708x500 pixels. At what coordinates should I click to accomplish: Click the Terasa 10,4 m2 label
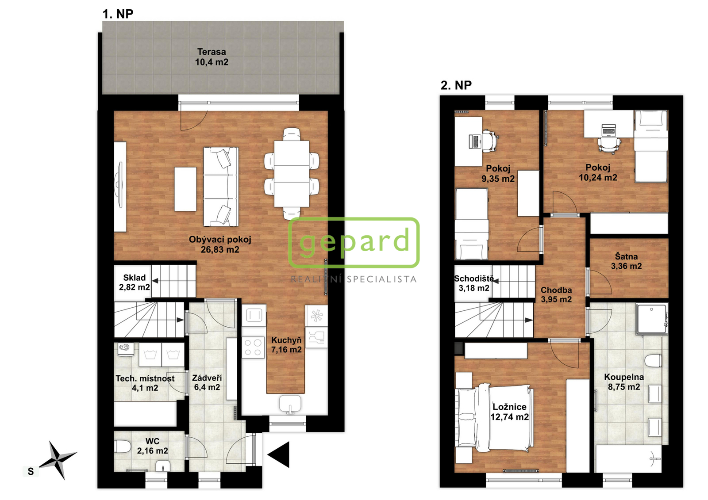click(212, 57)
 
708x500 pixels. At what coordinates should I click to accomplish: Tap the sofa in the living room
click(221, 187)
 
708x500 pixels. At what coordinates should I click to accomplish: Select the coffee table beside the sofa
click(185, 189)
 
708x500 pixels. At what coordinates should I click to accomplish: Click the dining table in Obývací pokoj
click(292, 174)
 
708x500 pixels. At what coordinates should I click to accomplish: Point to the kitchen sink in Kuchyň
click(290, 404)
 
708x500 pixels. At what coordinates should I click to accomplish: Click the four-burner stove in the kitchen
click(253, 347)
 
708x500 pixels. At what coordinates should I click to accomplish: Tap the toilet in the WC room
click(123, 447)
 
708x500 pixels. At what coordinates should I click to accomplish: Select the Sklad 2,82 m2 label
click(135, 282)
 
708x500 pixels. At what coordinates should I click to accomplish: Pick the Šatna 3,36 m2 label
click(627, 261)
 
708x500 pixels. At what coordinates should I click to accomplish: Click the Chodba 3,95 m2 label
click(556, 294)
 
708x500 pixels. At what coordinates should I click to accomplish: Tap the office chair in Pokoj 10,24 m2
click(609, 145)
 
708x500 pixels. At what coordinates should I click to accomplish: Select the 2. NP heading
click(456, 85)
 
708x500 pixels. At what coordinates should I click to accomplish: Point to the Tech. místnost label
click(145, 378)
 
